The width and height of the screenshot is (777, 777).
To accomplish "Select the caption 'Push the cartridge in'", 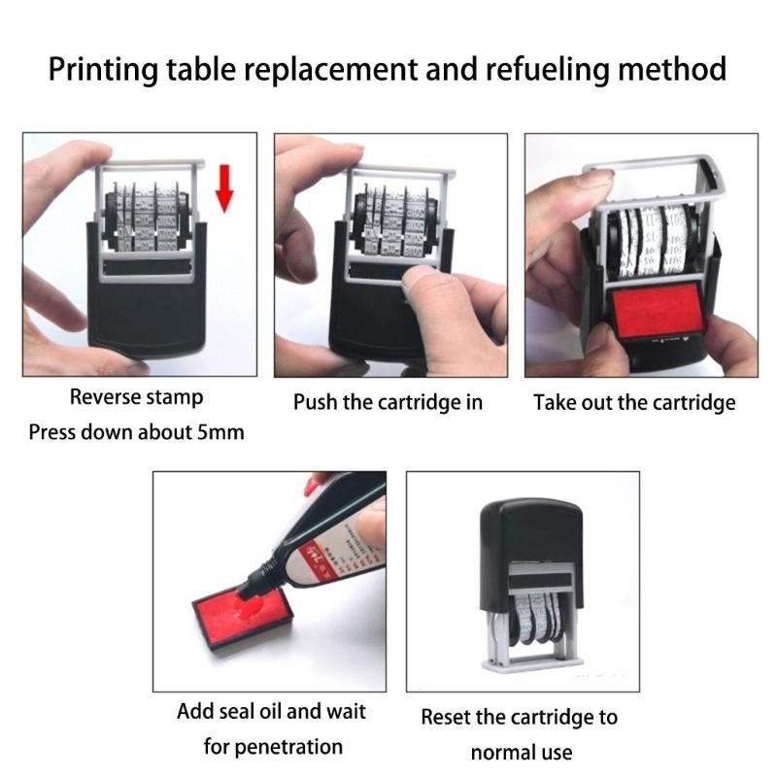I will click(388, 402).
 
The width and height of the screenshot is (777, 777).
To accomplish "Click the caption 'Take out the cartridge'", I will click(634, 402).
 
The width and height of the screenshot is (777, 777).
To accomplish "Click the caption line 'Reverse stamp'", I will click(136, 396).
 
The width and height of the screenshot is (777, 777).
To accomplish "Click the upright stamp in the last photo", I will click(526, 583).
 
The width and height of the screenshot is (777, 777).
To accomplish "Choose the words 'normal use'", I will click(521, 753).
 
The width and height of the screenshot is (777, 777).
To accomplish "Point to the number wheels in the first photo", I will click(146, 219).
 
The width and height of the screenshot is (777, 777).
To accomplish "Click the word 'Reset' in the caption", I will click(448, 718).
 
